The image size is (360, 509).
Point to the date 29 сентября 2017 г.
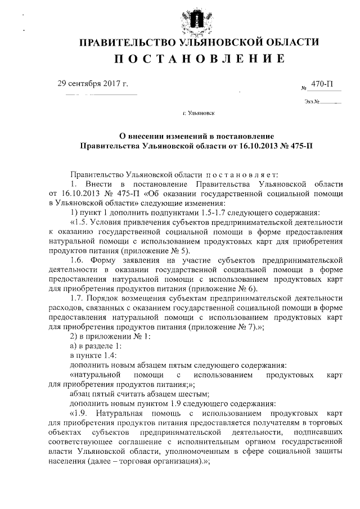(93, 84)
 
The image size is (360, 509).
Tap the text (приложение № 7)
(215, 327)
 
